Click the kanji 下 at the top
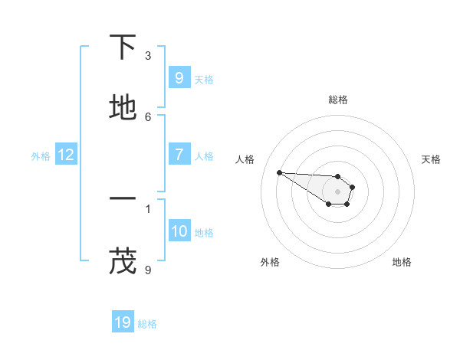[123, 47]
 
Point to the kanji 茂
[123, 261]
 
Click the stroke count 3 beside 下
[148, 56]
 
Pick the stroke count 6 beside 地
[148, 116]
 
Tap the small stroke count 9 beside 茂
[148, 270]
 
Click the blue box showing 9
[179, 78]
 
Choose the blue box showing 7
[179, 155]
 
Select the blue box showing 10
[179, 231]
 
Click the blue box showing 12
[65, 155]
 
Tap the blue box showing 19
[123, 322]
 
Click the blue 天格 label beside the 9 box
[204, 79]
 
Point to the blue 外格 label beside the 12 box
[41, 155]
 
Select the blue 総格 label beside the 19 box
[147, 323]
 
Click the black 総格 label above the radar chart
[337, 100]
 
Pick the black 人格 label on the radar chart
[245, 159]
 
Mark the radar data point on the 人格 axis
[279, 172]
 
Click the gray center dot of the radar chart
[337, 191]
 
